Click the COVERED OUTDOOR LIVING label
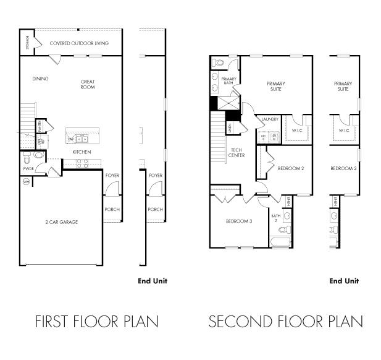pyautogui.click(x=79, y=43)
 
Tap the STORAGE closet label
pyautogui.click(x=28, y=43)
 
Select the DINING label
pyautogui.click(x=41, y=79)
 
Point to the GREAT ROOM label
pyautogui.click(x=87, y=84)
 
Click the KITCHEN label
pyautogui.click(x=82, y=152)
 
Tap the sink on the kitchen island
pyautogui.click(x=81, y=139)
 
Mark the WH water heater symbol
pyautogui.click(x=26, y=182)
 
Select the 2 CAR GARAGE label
pyautogui.click(x=61, y=221)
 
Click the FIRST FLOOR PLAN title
pyautogui.click(x=96, y=322)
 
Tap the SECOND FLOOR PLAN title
pyautogui.click(x=285, y=322)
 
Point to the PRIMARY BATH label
pyautogui.click(x=229, y=81)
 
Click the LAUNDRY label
pyautogui.click(x=270, y=119)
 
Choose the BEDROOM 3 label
pyautogui.click(x=238, y=221)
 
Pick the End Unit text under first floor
pyautogui.click(x=152, y=281)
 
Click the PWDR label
pyautogui.click(x=28, y=168)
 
